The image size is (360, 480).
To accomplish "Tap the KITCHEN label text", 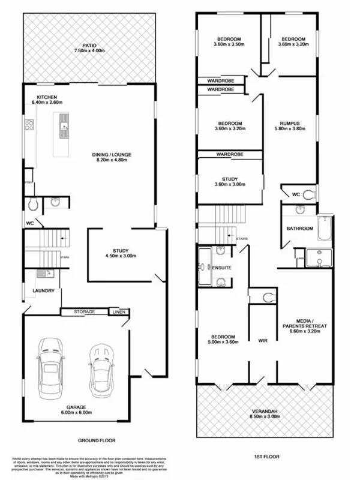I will (47, 97).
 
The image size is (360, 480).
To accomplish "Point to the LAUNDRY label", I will (44, 291).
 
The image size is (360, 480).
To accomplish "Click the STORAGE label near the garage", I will (85, 313).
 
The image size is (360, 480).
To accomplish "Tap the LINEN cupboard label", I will (118, 313).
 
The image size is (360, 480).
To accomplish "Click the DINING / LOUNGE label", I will (112, 155).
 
